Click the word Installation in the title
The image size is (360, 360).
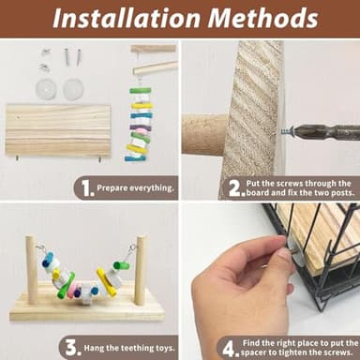click(127, 18)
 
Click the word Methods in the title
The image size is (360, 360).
click(262, 18)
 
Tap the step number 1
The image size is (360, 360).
click(87, 188)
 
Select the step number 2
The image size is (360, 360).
click(236, 188)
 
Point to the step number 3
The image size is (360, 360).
click(73, 348)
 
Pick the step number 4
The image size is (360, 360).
click(231, 349)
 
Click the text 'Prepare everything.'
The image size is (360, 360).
click(135, 188)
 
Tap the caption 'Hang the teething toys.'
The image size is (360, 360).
click(129, 348)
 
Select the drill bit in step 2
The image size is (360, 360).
click(326, 132)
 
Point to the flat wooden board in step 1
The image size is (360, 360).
click(58, 130)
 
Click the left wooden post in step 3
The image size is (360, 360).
click(31, 270)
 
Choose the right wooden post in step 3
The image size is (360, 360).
click(141, 270)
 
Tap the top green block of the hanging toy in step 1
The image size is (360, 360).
click(141, 91)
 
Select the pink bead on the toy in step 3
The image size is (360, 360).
click(73, 290)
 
